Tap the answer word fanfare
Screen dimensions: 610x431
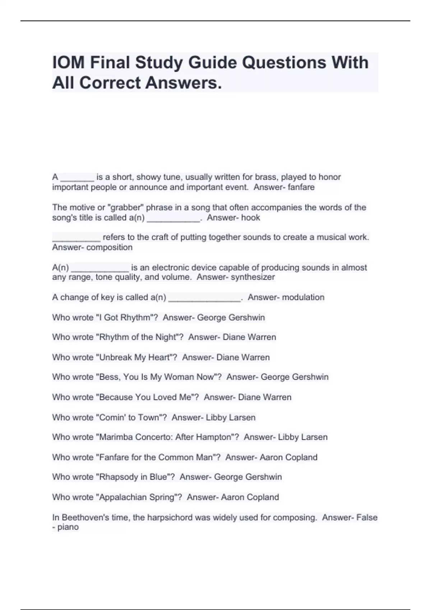click(301, 187)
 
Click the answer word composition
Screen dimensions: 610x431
click(110, 248)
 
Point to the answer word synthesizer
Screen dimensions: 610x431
click(253, 277)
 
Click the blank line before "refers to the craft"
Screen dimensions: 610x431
click(77, 239)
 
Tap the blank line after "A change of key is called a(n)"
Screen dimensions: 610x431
click(204, 299)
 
